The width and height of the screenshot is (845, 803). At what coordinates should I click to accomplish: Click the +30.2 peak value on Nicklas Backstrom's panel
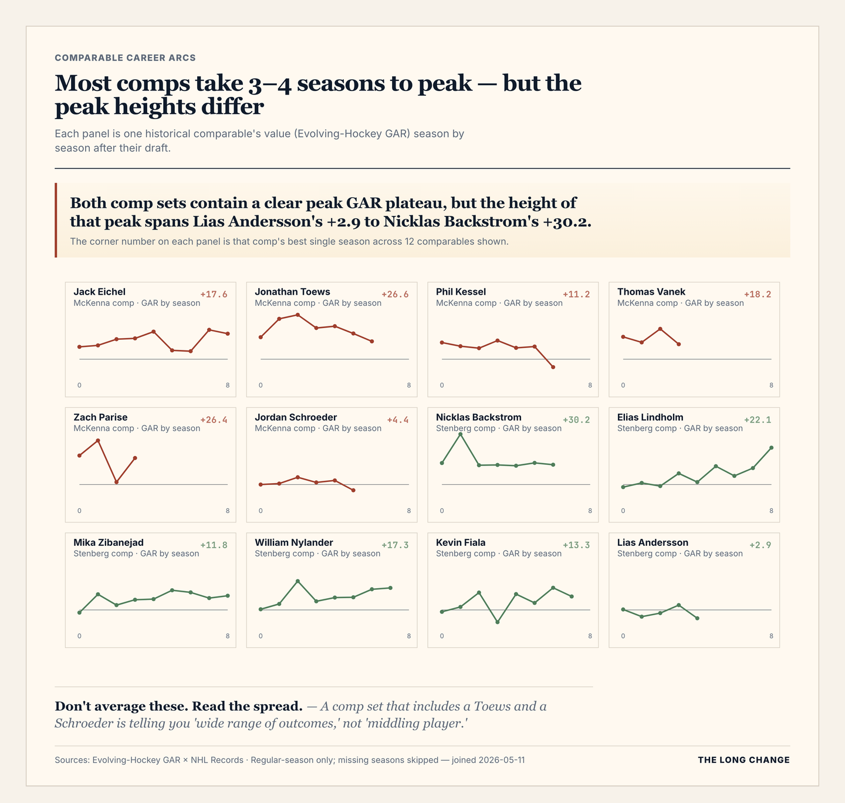pyautogui.click(x=576, y=420)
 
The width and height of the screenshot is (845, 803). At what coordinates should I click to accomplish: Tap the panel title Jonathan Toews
pyautogui.click(x=292, y=292)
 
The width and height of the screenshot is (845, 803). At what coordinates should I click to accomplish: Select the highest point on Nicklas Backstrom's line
pyautogui.click(x=460, y=434)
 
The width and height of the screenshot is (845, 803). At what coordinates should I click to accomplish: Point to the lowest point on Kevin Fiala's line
pyautogui.click(x=497, y=622)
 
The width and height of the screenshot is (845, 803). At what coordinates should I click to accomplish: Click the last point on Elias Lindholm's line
pyautogui.click(x=771, y=448)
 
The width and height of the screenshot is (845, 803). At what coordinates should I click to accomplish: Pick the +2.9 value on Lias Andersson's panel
pyautogui.click(x=760, y=545)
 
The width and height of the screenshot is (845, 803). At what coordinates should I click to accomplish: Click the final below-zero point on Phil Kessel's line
pyautogui.click(x=553, y=367)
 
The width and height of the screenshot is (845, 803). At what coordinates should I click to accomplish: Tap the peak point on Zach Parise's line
pyautogui.click(x=98, y=440)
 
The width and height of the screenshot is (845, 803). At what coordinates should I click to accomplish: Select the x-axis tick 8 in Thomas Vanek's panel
pyautogui.click(x=771, y=386)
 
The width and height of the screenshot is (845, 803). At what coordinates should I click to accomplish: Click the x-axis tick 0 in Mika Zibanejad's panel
pyautogui.click(x=79, y=636)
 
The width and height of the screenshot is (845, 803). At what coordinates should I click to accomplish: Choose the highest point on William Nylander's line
pyautogui.click(x=298, y=581)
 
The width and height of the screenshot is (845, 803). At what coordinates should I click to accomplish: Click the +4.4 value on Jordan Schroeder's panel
pyautogui.click(x=398, y=420)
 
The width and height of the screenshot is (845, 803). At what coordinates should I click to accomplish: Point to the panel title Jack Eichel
pyautogui.click(x=99, y=292)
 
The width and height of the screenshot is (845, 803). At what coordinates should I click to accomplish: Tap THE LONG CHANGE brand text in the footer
pyautogui.click(x=743, y=760)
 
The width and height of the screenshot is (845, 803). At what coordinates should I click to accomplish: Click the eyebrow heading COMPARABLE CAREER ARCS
pyautogui.click(x=125, y=58)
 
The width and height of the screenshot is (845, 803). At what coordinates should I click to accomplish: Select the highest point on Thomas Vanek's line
pyautogui.click(x=660, y=329)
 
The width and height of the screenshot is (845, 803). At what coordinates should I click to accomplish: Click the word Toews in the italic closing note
pyautogui.click(x=489, y=706)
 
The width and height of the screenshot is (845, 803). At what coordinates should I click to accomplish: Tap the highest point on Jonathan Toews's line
pyautogui.click(x=298, y=315)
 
